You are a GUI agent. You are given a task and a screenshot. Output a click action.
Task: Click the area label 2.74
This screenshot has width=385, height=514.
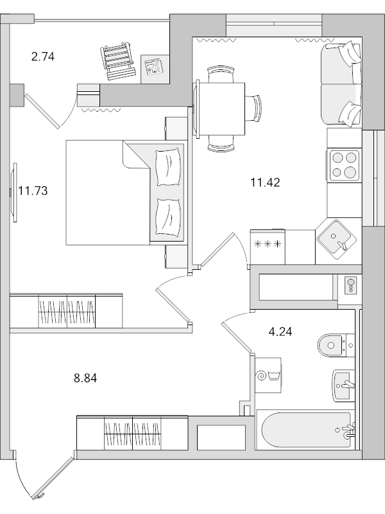pos(43,57)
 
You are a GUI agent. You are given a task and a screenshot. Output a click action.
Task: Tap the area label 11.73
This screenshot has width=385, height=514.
pos(33,191)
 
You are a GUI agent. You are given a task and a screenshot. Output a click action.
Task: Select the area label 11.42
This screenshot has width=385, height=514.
pos(265,182)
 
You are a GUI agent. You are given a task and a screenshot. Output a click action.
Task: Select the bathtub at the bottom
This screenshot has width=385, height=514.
pos(304,430)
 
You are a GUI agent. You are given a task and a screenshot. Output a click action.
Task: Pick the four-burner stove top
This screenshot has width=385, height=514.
pos(343,165)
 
